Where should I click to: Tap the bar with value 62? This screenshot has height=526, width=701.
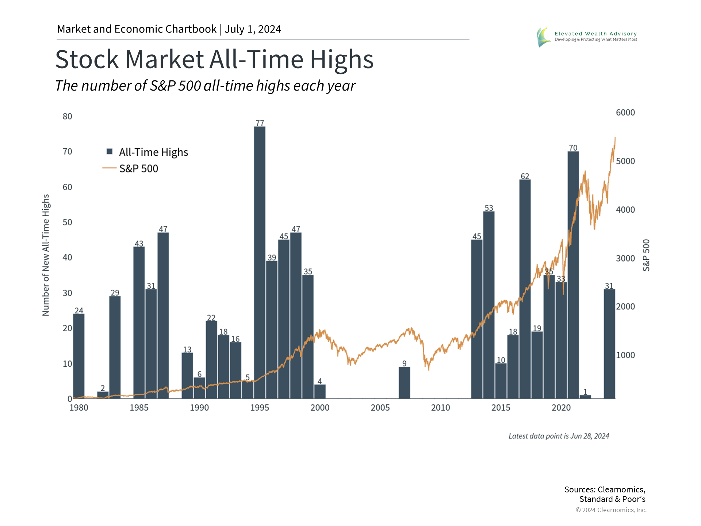(x=525, y=289)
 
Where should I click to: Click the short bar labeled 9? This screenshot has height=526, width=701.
(x=404, y=382)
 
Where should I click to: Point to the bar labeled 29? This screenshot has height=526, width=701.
(x=115, y=347)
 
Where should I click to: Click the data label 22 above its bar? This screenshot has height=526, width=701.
(x=211, y=318)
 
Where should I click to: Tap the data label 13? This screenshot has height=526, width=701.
(x=187, y=350)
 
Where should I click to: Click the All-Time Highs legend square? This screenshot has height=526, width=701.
(x=110, y=152)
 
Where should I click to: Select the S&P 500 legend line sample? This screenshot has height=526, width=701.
(x=109, y=168)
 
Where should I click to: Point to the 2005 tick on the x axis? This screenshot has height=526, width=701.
(x=380, y=408)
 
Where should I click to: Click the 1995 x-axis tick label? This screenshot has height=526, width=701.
(x=260, y=408)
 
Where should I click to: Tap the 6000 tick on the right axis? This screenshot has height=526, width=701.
(x=625, y=113)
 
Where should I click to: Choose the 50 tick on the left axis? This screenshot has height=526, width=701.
(x=67, y=222)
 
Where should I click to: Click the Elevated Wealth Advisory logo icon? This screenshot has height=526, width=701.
(x=543, y=37)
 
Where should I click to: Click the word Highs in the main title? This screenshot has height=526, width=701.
(x=342, y=60)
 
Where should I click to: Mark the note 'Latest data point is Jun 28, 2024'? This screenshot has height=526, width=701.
(x=559, y=436)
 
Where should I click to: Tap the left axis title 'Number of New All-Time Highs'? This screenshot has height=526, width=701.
(x=46, y=255)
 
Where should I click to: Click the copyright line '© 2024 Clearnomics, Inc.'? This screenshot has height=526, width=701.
(x=611, y=510)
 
